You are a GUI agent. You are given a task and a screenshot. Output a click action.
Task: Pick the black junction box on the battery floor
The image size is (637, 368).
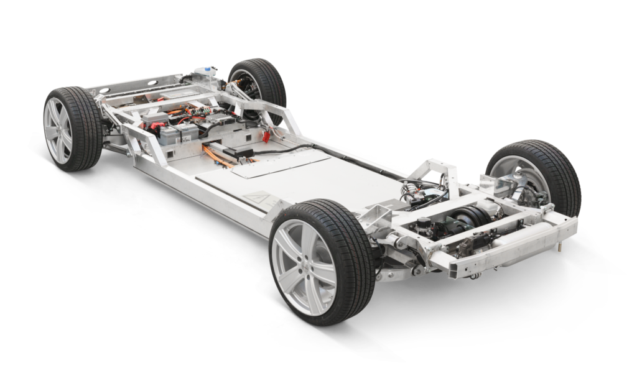point(239,152)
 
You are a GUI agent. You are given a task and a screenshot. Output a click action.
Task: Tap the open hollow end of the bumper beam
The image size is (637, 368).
point(452,268)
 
